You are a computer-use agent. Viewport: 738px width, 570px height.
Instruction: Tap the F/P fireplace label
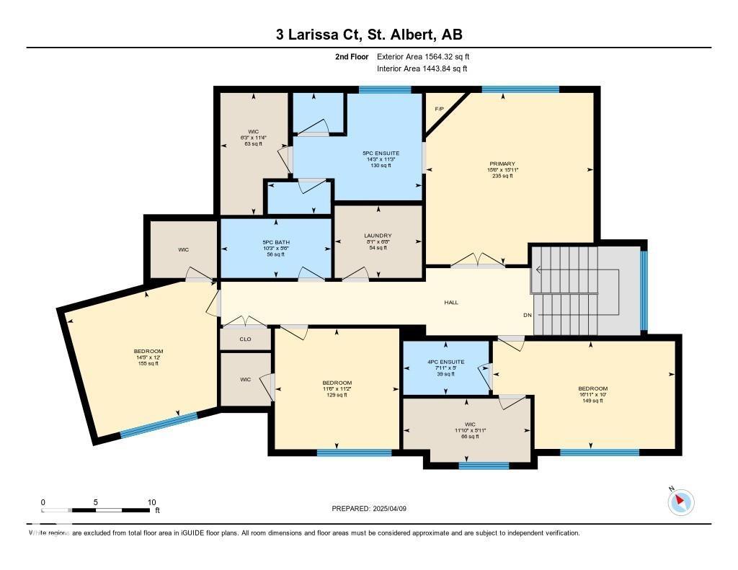[439, 109]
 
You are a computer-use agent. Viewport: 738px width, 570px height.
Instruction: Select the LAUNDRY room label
[378, 236]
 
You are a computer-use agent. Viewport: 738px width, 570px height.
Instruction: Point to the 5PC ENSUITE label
[381, 153]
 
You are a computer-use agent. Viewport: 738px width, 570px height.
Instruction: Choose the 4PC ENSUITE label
[445, 362]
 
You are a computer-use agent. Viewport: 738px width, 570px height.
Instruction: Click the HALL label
[451, 303]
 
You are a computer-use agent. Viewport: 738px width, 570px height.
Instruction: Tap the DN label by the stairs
[528, 316]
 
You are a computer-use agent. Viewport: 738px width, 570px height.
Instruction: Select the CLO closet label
[245, 338]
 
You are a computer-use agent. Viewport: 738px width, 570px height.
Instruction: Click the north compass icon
[681, 502]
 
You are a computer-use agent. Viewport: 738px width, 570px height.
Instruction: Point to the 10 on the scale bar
[151, 502]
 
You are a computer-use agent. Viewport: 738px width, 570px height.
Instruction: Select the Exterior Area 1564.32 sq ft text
[423, 56]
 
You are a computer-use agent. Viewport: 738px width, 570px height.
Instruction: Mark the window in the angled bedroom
[158, 424]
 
